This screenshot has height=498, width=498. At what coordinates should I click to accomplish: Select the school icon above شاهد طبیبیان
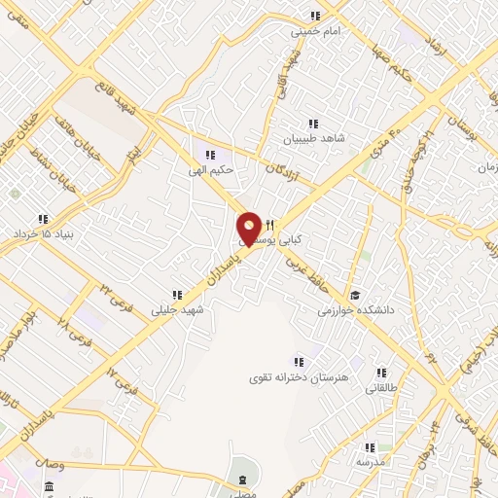pos(313,124)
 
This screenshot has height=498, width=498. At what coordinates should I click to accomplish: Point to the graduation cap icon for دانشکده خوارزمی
pos(355,295)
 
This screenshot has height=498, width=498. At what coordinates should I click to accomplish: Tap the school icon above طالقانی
pos(382,373)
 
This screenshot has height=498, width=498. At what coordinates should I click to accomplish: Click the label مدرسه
pos(371,461)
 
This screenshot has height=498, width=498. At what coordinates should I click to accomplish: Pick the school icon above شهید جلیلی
pos(176,295)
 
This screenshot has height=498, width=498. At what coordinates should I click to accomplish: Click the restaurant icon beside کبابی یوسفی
pos(271,224)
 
